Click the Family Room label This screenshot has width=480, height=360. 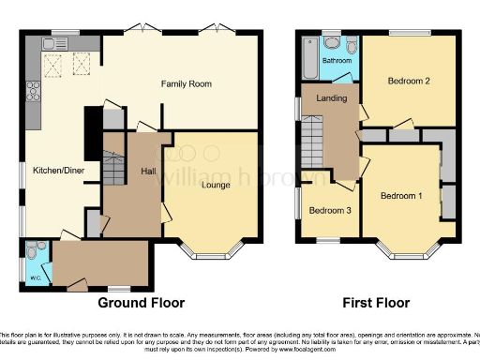click(x=186, y=84)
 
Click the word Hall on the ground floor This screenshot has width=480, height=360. click(x=148, y=172)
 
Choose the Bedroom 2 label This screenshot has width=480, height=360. click(x=409, y=82)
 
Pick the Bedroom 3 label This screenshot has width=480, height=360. click(x=330, y=211)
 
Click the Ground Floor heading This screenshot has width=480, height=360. click(x=142, y=303)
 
